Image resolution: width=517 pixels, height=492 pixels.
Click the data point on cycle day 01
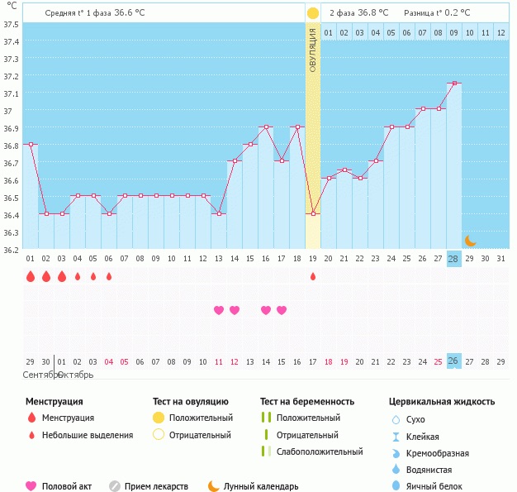[x=31, y=144]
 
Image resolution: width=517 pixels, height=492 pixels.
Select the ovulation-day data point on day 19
[x=313, y=214]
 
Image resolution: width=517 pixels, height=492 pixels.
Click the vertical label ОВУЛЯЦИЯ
[x=313, y=50]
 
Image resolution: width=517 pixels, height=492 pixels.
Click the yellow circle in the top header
[x=313, y=13]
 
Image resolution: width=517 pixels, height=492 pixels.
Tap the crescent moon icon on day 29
[x=470, y=241]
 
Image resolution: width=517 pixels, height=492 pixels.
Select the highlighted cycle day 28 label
[x=453, y=259]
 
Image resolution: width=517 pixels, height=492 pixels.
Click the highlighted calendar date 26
[x=453, y=361]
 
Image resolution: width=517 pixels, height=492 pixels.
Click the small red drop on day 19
[x=313, y=276]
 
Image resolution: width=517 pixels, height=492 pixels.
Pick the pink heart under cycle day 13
[x=219, y=310]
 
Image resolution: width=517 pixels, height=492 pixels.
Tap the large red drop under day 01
[x=31, y=276]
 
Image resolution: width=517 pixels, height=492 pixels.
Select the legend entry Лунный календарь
[x=260, y=487]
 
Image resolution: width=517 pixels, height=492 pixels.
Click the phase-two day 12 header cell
[x=500, y=32]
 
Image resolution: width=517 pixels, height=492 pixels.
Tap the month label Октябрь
[x=75, y=375]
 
